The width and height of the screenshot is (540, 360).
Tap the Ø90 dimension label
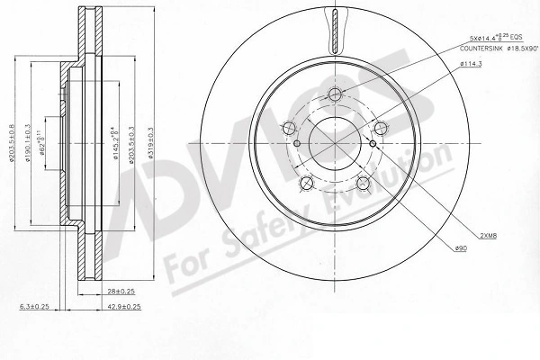pos(462,248)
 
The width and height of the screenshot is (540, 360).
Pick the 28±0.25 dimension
pos(120,291)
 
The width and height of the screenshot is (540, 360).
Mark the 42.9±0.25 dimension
pos(123,307)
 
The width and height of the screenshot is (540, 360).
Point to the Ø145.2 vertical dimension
pos(113,144)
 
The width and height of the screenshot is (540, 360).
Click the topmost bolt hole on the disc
pos(335,94)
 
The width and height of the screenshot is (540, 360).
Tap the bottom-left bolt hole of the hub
pos(306,184)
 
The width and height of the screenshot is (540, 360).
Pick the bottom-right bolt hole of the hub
pos(364,184)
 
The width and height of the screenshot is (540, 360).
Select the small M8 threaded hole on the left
pos(297,142)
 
